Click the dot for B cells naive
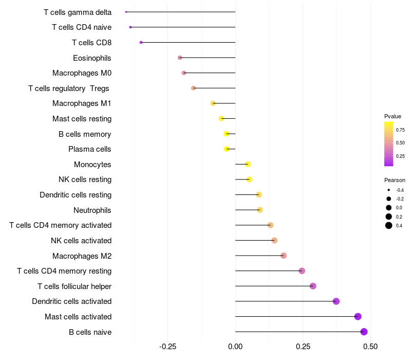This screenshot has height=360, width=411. click(364, 332)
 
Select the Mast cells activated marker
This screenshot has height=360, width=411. click(358, 316)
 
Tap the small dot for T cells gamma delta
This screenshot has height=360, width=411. click(126, 12)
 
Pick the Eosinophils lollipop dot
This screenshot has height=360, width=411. click(180, 58)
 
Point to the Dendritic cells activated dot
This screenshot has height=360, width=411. click(336, 301)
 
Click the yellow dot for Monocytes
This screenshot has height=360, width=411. click(248, 164)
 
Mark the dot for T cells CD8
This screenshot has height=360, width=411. click(141, 42)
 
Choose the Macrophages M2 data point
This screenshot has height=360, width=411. click(283, 256)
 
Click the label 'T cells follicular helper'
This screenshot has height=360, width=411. click(74, 286)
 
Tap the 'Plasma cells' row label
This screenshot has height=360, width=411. click(90, 149)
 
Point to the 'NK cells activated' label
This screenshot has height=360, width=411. click(81, 240)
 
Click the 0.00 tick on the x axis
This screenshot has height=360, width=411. click(235, 347)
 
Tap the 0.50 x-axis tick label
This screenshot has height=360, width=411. click(370, 347)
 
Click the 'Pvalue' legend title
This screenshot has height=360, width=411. click(393, 116)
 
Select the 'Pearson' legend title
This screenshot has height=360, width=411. click(395, 180)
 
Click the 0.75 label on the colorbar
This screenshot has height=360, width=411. click(400, 130)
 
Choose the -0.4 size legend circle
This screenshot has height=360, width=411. click(389, 190)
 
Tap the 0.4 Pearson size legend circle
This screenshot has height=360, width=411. click(389, 225)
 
